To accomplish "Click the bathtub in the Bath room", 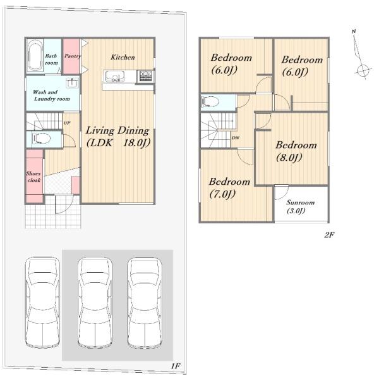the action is pos(35,55).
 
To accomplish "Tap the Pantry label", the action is pos(73,56).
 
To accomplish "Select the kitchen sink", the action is pos(114,76).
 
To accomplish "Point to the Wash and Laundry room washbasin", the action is pos(72,83).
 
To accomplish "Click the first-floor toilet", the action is pos(41,139).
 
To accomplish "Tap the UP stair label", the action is pos(67,123).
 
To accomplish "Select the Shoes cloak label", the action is pos(33,177).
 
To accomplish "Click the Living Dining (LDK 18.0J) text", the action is pos(118,136).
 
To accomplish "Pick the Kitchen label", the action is pos(123,57).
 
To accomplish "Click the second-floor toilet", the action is pos(210,101).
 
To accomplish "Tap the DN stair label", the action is pos(235,138).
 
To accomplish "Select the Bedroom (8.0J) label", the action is pos(296,151).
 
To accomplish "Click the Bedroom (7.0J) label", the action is pos(229,187).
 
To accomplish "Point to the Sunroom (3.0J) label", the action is pos(300,206).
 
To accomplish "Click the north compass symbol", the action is pos(361,54).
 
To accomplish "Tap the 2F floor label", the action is pos(329,235).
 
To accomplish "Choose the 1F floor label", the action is pos(176,366).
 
